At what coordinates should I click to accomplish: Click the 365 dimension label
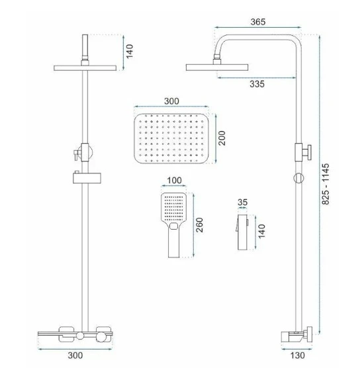[258, 22]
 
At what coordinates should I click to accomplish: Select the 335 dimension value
[257, 84]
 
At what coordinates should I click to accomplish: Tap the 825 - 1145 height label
[326, 184]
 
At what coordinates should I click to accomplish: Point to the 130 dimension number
[297, 355]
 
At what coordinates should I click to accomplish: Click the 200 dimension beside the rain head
[222, 138]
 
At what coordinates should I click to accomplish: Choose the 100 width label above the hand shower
[174, 180]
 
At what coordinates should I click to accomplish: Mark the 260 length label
[199, 225]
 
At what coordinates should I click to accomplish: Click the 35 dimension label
[242, 203]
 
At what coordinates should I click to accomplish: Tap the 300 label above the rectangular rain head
[171, 101]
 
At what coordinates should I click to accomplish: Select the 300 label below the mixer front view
[75, 355]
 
